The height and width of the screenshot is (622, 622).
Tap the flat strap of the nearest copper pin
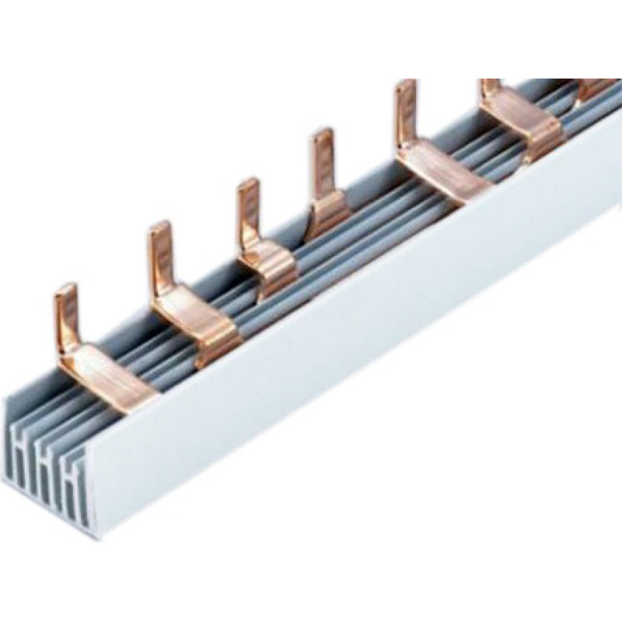tap(113, 378)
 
